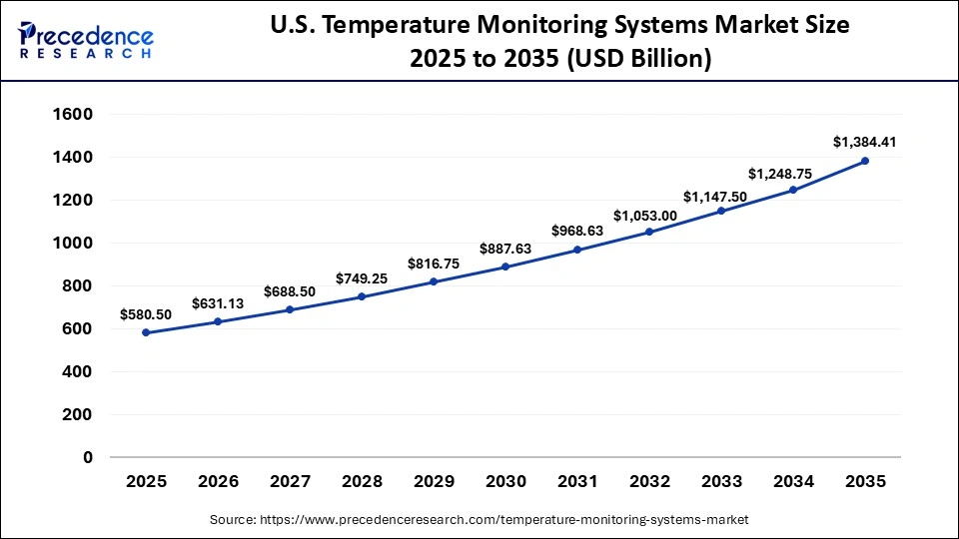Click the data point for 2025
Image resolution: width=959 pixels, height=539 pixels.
coord(147,332)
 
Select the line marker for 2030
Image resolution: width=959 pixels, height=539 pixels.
coord(505,267)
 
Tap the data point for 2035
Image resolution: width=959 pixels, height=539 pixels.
coord(865,161)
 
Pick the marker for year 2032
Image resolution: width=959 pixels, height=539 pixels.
coord(649,232)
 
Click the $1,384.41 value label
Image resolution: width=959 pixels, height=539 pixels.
coord(865,142)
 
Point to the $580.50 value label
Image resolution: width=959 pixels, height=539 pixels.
coord(147,313)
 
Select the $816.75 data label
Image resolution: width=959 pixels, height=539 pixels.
coord(434,264)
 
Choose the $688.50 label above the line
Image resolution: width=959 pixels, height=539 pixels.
coord(291,290)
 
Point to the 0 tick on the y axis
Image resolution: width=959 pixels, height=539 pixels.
coord(88,457)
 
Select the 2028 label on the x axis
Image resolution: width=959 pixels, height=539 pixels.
coord(362,481)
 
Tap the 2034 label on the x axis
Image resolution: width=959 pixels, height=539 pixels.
coord(793,481)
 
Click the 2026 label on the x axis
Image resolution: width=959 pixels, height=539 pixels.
coord(219,481)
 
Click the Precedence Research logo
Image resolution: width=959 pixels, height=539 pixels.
coord(85,42)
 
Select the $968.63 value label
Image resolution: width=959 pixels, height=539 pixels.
coord(578,231)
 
